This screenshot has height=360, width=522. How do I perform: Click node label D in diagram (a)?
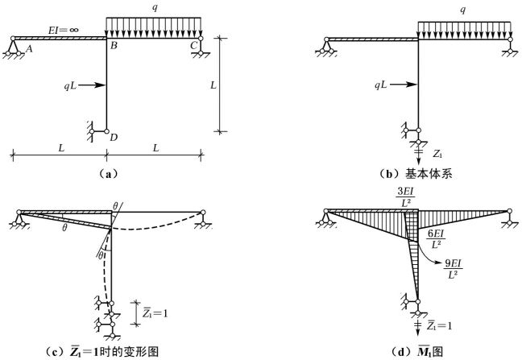click(114, 138)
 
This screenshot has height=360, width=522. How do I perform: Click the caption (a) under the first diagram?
click(107, 172)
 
